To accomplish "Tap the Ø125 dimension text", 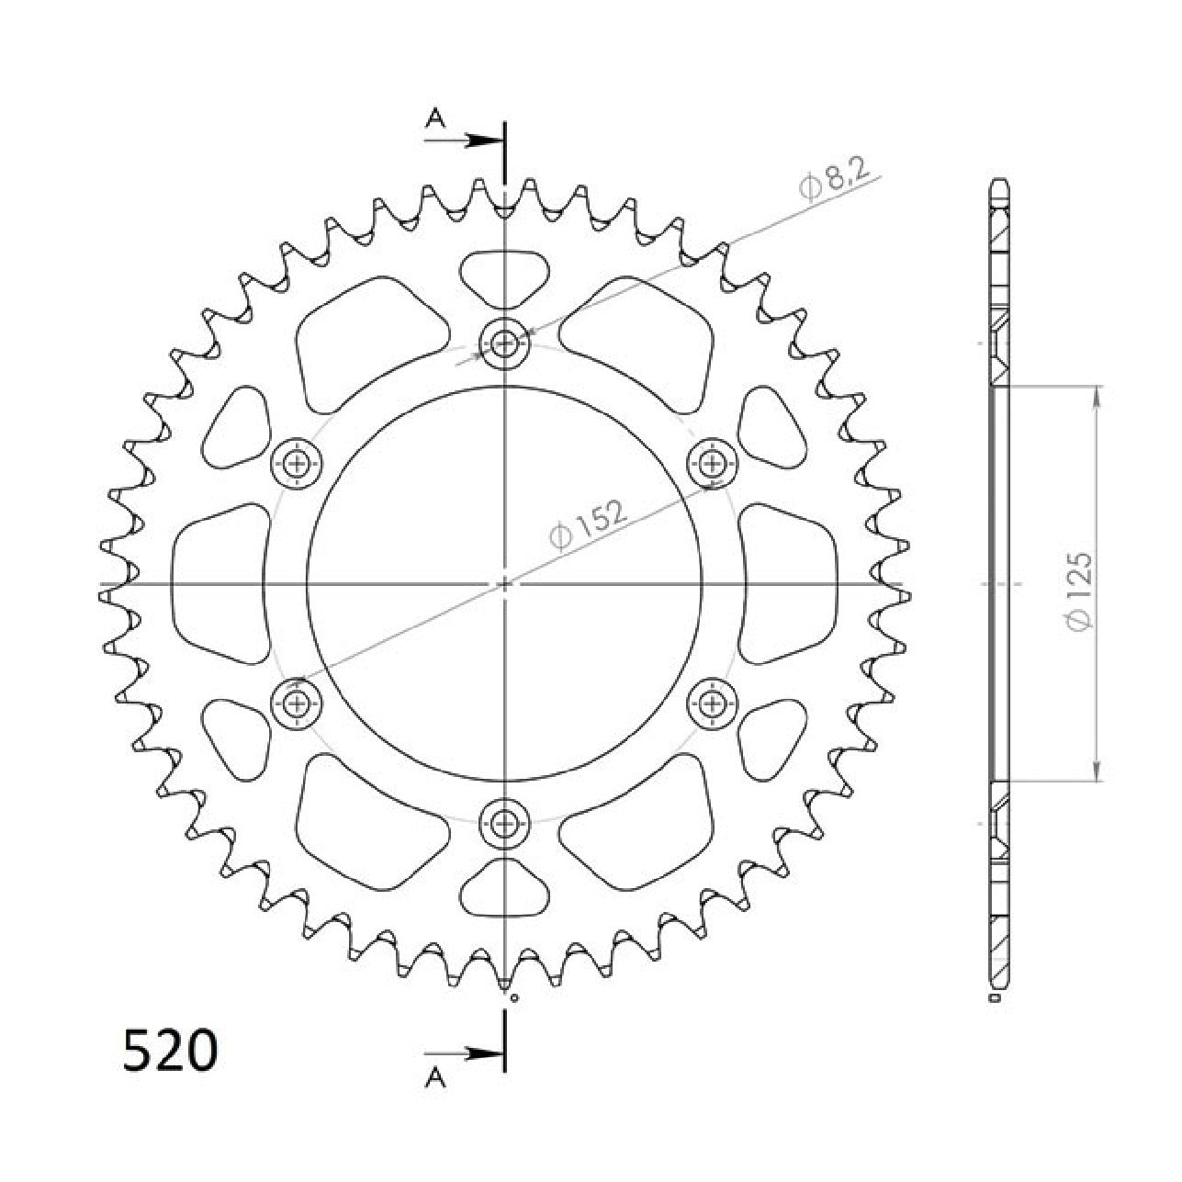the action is click(1078, 590).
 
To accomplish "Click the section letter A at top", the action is click(435, 118).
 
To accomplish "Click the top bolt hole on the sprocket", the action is click(505, 344).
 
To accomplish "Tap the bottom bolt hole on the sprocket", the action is click(505, 824).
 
